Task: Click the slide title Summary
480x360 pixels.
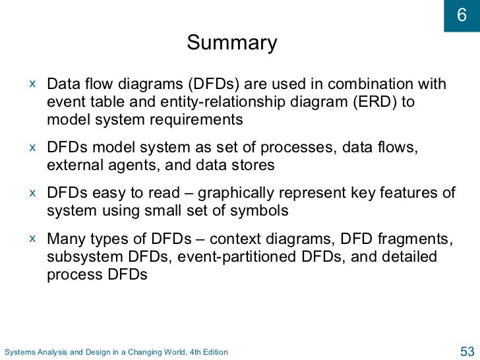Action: tap(232, 44)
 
